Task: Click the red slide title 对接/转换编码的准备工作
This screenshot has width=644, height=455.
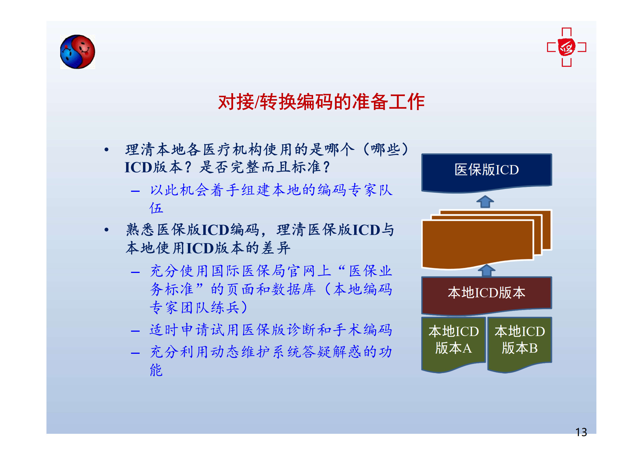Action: click(x=321, y=102)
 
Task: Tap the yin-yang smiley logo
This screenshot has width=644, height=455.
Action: click(x=77, y=52)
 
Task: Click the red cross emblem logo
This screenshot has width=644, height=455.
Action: click(x=566, y=47)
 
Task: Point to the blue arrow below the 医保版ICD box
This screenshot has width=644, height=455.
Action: click(x=485, y=202)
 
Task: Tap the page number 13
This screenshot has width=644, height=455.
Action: click(x=581, y=432)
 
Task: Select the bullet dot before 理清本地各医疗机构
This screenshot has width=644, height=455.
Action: click(x=106, y=149)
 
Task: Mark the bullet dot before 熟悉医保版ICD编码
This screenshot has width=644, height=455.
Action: click(x=106, y=230)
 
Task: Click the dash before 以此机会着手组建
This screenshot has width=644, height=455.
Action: click(x=135, y=191)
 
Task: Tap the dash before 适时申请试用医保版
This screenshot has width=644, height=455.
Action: click(x=135, y=331)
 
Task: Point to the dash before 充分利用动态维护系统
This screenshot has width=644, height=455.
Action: click(x=135, y=353)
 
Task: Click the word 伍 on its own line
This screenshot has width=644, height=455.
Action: click(x=156, y=208)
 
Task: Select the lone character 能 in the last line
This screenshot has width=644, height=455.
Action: click(x=156, y=370)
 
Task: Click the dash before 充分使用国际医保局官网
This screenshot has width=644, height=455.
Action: click(x=135, y=272)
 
